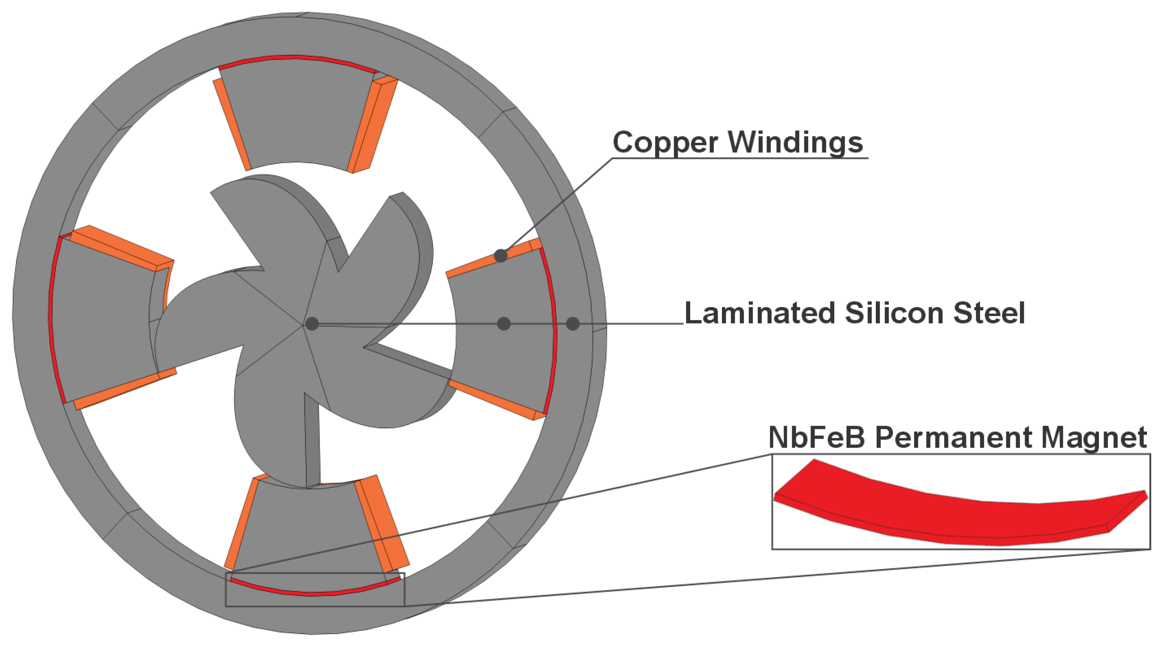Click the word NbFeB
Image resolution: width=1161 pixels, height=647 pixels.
tap(816, 437)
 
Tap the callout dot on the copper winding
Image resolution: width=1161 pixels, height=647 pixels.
tap(501, 256)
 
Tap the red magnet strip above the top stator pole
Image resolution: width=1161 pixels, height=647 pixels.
tap(297, 58)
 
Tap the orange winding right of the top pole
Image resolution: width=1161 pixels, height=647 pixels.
tap(372, 126)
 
